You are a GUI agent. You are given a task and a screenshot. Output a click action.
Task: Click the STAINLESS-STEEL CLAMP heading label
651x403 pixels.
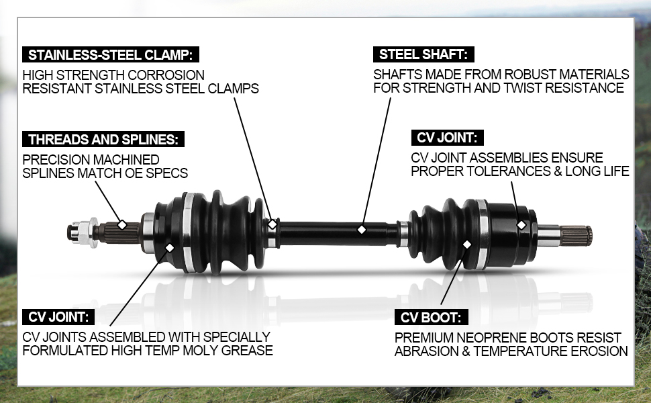coord(111,55)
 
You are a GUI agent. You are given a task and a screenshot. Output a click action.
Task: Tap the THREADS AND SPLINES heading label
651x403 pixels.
coord(103,140)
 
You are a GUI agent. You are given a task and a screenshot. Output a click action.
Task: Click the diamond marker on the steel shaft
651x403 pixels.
coord(361,230)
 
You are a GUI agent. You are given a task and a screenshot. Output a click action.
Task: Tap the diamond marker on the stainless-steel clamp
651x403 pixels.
coord(272,224)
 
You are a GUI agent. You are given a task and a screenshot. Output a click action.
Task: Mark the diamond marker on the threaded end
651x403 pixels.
coord(121,224)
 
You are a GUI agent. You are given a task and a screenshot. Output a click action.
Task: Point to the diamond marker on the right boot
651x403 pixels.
coord(467,244)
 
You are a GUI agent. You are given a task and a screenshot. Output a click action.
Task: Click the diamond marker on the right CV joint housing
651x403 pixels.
coord(521,224)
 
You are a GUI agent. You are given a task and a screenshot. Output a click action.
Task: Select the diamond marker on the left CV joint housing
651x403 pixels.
coord(169,248)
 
